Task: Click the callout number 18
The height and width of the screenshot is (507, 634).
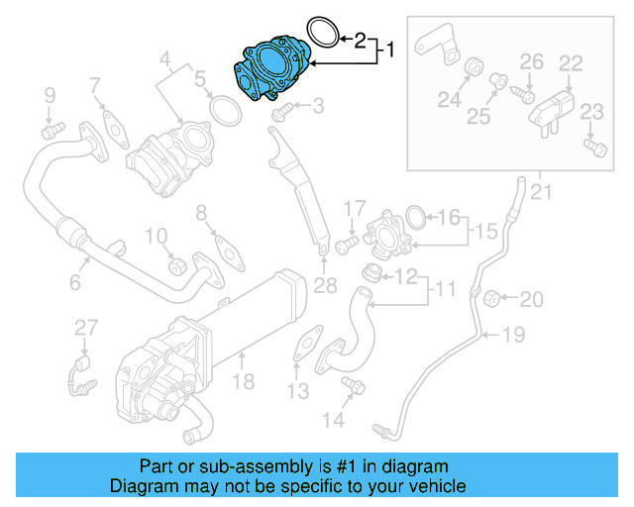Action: pyautogui.click(x=244, y=380)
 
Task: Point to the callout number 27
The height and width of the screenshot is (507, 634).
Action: pyautogui.click(x=86, y=327)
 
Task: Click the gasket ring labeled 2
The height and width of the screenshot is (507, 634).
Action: pyautogui.click(x=320, y=34)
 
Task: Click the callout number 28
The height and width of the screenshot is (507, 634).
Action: pyautogui.click(x=325, y=287)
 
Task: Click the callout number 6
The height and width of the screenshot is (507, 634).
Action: pyautogui.click(x=74, y=283)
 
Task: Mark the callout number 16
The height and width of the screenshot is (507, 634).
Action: pyautogui.click(x=449, y=217)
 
